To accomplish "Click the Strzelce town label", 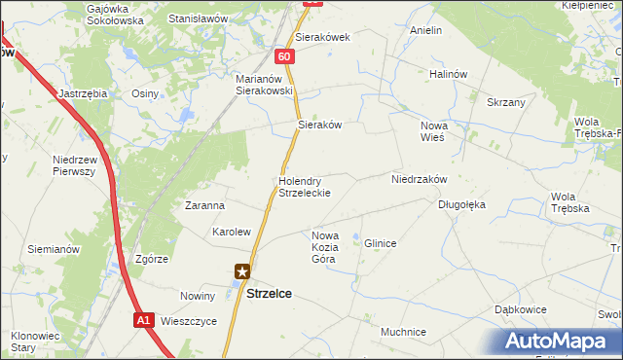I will point(270,292).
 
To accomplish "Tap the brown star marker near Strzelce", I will point(242,273).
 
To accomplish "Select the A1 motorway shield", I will point(143,319).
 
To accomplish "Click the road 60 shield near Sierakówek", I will point(283,57).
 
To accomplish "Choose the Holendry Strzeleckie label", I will point(305,187).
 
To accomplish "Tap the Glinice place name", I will point(380,243).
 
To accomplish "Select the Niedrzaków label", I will point(419,180).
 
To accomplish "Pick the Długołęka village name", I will point(461,205).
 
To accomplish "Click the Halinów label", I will point(450,73).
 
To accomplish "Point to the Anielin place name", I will point(425,31).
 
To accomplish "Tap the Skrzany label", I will point(506,102).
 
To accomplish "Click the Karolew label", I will point(232,233).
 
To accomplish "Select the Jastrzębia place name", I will point(83,93).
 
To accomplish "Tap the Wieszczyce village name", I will point(189,320).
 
